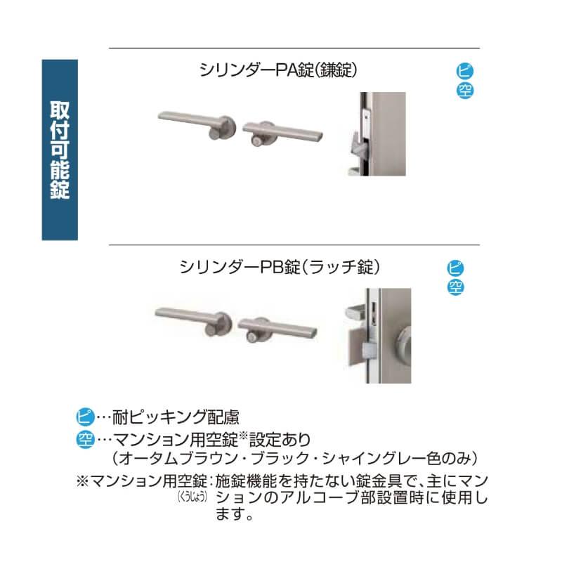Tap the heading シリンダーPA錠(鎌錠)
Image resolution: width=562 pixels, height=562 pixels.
click(280, 70)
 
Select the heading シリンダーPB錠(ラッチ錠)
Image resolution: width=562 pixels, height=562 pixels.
click(280, 267)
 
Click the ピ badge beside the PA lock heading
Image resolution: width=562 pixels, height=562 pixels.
click(464, 72)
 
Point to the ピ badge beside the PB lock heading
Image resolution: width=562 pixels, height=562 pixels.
click(456, 268)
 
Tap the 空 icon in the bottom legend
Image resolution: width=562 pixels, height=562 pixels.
click(84, 440)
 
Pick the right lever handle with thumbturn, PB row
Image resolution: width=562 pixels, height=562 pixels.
click(277, 329)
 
